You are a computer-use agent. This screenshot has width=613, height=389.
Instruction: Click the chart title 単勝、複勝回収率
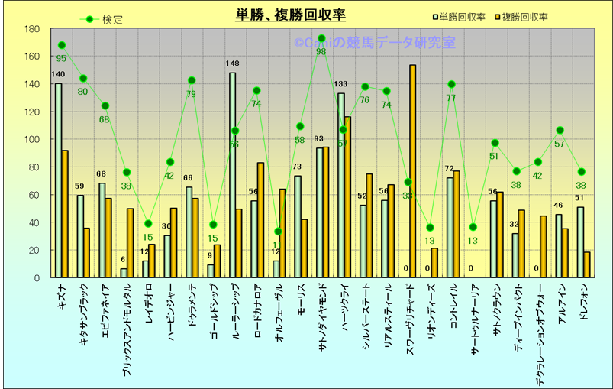click(x=291, y=15)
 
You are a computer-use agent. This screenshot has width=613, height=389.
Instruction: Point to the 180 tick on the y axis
click(x=32, y=29)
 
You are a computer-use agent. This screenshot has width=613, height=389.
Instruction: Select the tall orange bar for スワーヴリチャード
click(x=412, y=171)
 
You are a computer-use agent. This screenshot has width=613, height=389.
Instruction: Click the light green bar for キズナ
click(x=58, y=180)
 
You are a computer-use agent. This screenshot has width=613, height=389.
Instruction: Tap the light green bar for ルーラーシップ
click(x=232, y=175)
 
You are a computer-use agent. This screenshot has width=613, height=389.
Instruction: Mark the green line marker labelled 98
click(x=321, y=38)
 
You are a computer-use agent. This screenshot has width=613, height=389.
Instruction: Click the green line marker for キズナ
click(x=62, y=45)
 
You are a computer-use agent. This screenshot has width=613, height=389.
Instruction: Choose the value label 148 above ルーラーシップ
click(x=233, y=63)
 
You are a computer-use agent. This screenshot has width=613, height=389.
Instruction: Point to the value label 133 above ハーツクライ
click(x=341, y=84)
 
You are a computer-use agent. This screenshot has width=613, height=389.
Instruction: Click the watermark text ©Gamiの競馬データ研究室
click(x=374, y=44)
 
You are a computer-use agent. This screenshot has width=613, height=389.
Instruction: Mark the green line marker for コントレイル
click(x=451, y=84)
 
